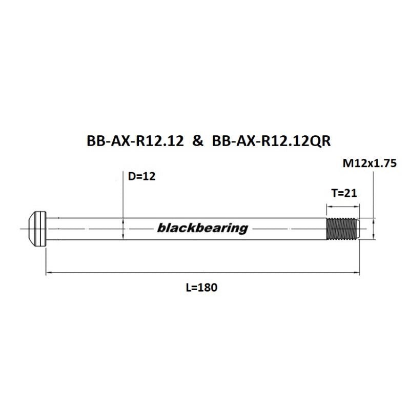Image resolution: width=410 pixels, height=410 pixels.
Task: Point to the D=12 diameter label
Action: click(x=141, y=177)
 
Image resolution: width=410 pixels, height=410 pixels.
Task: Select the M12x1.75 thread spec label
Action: click(x=370, y=165)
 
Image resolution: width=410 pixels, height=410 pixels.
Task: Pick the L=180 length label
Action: click(x=202, y=288)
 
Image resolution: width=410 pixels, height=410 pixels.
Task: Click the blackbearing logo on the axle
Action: click(x=202, y=228)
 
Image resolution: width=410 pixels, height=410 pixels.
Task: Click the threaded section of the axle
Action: click(x=342, y=229)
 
